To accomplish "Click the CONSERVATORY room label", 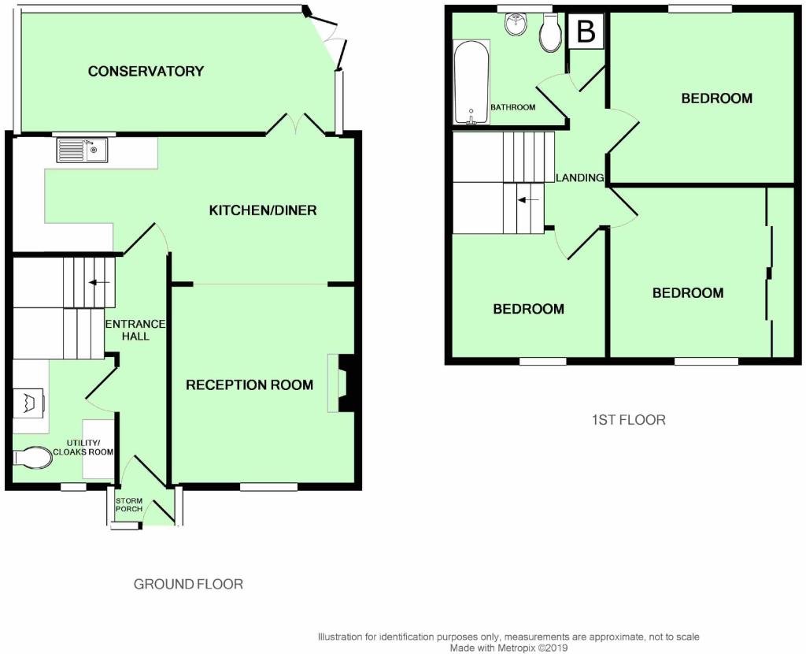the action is tap(146, 71).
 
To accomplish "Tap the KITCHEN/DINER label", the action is tap(263, 210).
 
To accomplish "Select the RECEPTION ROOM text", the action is tap(250, 385).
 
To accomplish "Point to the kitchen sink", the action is tap(82, 150).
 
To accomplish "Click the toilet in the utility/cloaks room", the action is tap(32, 457).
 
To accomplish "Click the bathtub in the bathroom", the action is tap(471, 82).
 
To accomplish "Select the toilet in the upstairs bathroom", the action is tap(551, 32).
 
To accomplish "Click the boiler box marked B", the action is tap(586, 32).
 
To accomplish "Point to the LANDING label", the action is tap(580, 178).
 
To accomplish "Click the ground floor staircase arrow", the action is tap(99, 282).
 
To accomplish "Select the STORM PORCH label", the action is tap(129, 505).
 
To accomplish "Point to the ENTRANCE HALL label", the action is tap(135, 330).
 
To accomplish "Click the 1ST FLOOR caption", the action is tap(629, 420).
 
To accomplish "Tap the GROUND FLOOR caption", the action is tap(188, 584).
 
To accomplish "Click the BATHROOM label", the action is tap(513, 107).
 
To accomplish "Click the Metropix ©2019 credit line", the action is tap(509, 648).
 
